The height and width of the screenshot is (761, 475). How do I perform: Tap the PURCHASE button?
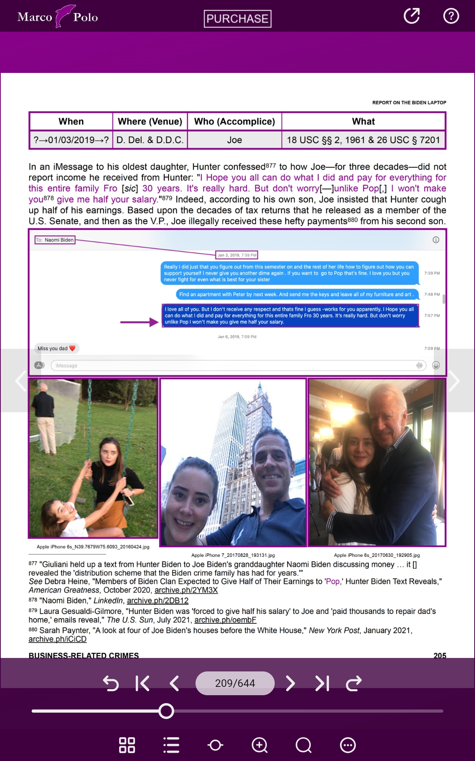point(237,19)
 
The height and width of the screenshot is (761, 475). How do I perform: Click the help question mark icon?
point(451,16)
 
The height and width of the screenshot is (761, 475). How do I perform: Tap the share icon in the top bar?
point(412,16)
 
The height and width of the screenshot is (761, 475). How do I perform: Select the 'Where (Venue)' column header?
point(150,121)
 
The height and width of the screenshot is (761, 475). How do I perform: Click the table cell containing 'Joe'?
point(234,140)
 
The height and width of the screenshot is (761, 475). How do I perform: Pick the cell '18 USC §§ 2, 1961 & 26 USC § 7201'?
point(363,140)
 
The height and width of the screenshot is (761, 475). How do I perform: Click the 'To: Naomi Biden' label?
point(55,240)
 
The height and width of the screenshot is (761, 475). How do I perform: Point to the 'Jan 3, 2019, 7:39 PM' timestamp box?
point(237,255)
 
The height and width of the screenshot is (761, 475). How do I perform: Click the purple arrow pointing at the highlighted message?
point(139,322)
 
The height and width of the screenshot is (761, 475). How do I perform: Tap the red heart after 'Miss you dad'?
point(72,348)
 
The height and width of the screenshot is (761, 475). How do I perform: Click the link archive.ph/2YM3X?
point(186,590)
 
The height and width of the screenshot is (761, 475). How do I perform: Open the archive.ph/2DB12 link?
point(158,600)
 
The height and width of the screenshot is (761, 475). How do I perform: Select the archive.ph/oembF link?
point(225,620)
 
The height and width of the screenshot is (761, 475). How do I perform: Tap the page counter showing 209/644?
point(235,683)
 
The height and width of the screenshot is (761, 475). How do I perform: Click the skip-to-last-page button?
point(322,683)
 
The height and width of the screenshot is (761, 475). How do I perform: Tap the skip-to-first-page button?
point(142,683)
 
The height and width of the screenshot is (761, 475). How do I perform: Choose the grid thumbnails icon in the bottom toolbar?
point(127,745)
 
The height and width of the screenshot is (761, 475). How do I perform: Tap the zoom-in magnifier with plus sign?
point(260,745)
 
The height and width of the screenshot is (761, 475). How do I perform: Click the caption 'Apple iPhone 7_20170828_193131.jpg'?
point(233,555)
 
